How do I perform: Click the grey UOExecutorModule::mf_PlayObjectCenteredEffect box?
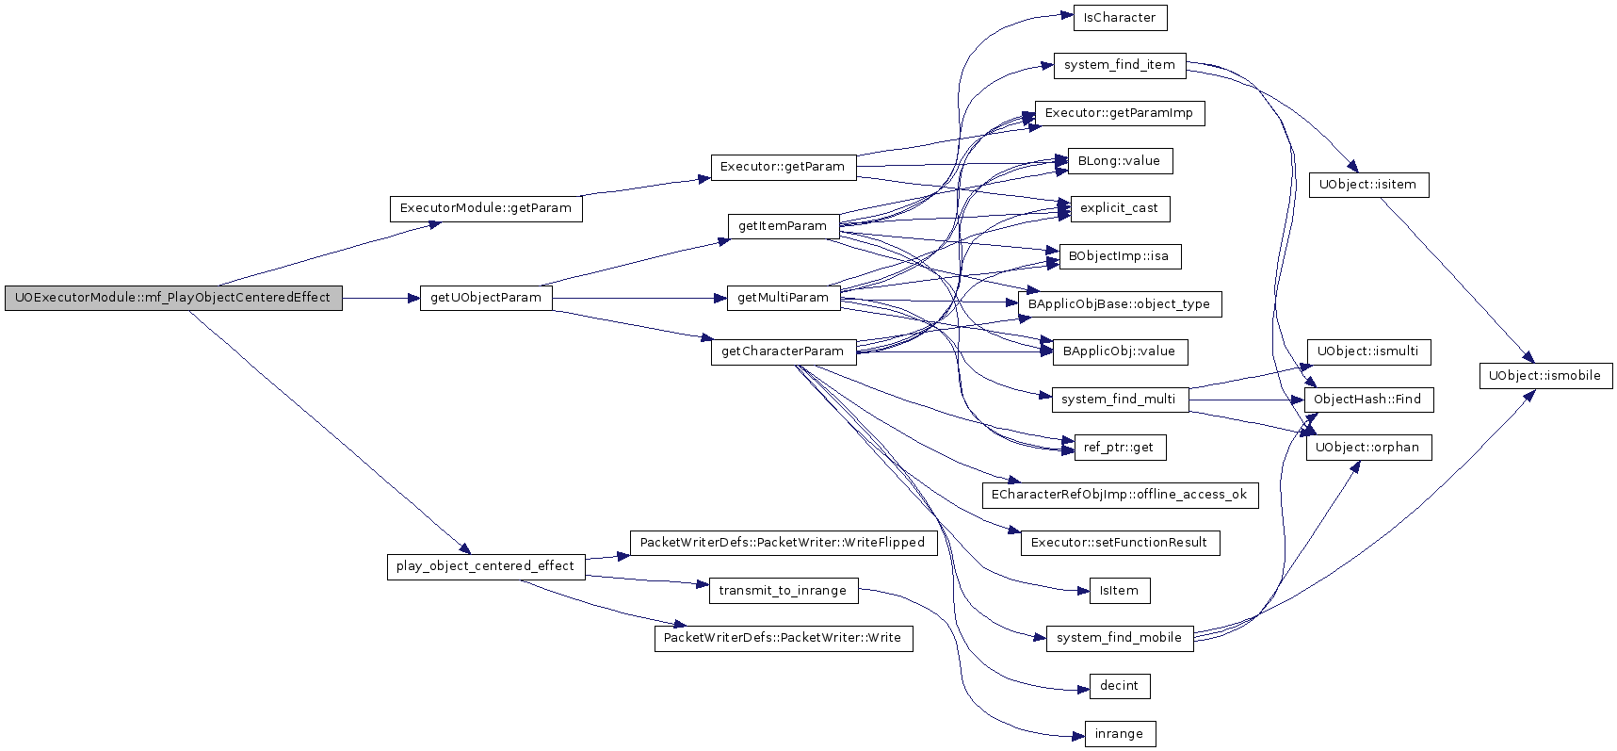point(173,298)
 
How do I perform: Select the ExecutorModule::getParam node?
point(486,208)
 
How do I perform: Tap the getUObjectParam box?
point(486,298)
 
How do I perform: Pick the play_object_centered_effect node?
point(485,566)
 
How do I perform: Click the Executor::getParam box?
point(783,167)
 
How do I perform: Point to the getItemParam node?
point(783,226)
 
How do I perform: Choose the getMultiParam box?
point(783,298)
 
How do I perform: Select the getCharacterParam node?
point(783,351)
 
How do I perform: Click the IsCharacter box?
point(1120,18)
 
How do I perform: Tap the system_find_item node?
point(1120,65)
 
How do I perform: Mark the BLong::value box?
point(1120,161)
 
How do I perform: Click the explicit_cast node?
point(1120,208)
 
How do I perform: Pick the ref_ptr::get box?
point(1119,448)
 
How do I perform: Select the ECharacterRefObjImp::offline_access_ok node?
point(1120,495)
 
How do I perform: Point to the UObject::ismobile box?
point(1545,376)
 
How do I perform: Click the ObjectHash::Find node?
point(1367,400)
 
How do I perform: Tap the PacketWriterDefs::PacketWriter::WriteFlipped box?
point(783,543)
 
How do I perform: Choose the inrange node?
point(1120,734)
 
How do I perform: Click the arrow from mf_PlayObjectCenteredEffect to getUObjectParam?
point(380,298)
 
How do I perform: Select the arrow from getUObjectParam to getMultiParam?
point(639,298)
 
